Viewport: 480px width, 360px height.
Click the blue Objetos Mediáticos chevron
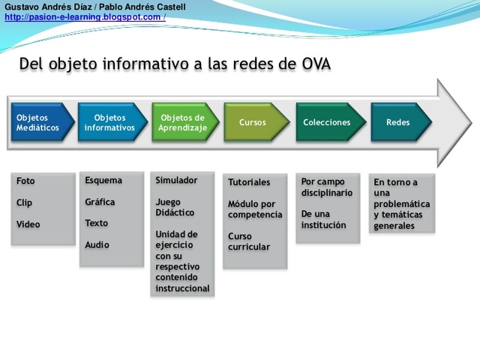(41, 122)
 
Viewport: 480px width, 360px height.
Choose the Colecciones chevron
(327, 122)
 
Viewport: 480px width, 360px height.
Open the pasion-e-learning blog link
(84, 17)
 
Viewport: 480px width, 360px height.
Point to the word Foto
(25, 181)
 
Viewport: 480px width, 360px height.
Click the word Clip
(25, 202)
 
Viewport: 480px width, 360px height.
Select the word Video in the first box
(28, 224)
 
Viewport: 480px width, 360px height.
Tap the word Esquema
(103, 180)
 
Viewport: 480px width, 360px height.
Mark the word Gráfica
(100, 202)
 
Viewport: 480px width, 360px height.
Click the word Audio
(97, 244)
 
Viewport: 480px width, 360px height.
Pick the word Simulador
(176, 180)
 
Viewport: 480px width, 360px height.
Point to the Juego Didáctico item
(175, 207)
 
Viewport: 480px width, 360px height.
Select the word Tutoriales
(249, 182)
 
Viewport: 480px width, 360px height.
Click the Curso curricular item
(249, 241)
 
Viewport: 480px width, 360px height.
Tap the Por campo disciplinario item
(327, 187)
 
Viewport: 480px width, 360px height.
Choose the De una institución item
(324, 219)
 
